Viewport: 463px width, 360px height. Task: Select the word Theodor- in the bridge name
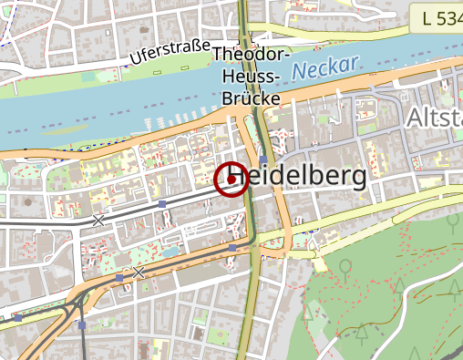251,55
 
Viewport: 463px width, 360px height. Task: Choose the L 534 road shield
441,17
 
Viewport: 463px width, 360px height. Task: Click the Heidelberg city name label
298,177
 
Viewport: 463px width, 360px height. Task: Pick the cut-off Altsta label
433,118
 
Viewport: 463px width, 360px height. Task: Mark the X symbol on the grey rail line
98,220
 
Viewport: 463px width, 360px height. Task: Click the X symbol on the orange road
139,273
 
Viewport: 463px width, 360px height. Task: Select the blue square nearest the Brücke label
263,159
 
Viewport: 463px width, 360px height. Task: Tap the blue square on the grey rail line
161,204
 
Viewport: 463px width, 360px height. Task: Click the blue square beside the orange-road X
119,277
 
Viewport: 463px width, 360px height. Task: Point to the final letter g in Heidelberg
357,179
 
